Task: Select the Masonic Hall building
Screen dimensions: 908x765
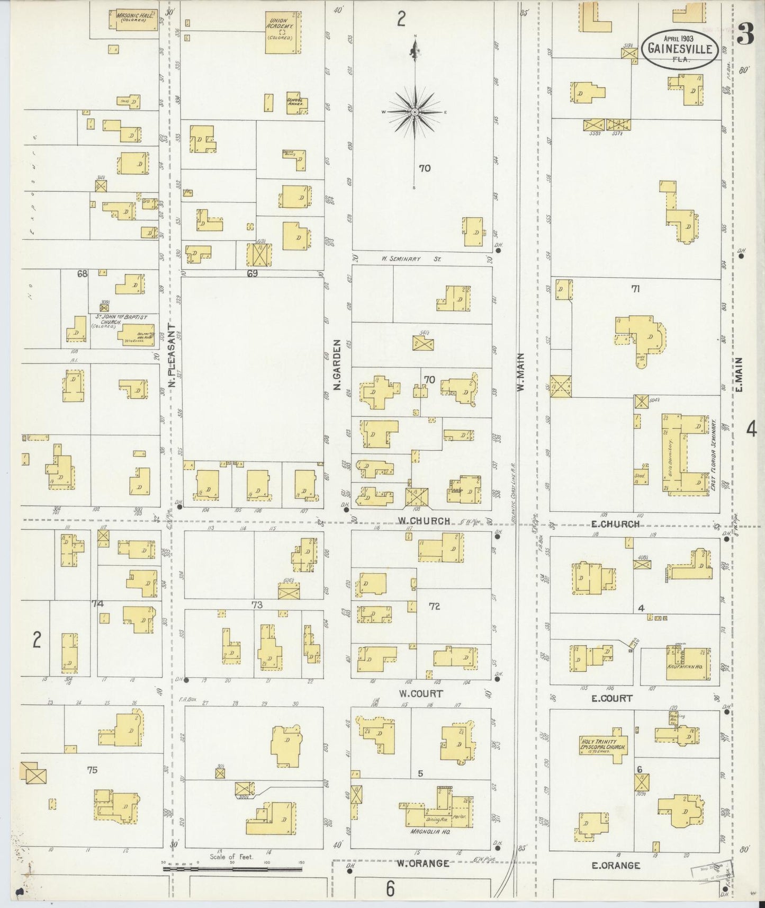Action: [x=137, y=19]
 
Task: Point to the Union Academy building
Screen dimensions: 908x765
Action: [x=283, y=32]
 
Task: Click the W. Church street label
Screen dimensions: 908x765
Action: [x=425, y=521]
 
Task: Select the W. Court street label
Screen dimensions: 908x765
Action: [x=421, y=693]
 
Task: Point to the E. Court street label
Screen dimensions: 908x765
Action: [x=611, y=698]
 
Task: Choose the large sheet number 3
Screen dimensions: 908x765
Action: [x=745, y=35]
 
